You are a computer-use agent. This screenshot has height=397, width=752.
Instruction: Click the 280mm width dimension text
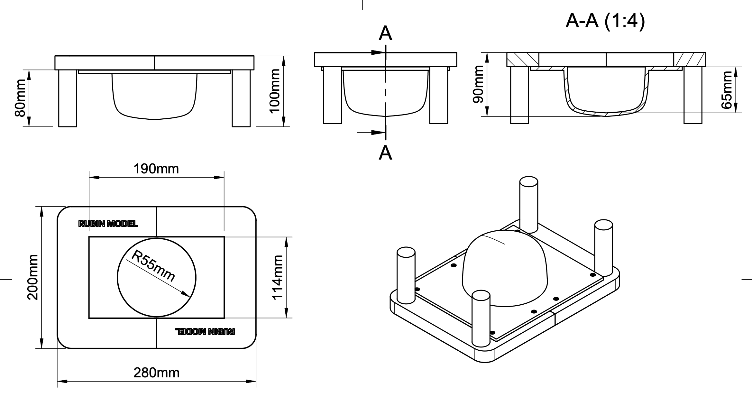coord(156,373)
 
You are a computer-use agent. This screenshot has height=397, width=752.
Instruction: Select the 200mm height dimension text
coord(33,277)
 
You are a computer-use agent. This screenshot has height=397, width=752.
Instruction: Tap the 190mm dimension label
coord(156,169)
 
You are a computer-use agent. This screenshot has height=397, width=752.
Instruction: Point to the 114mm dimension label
coord(277,277)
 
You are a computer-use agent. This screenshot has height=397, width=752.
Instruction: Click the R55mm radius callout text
coord(153,266)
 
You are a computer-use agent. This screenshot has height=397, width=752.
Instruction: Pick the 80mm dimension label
coord(20,98)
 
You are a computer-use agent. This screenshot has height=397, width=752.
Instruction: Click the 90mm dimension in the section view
coord(478,84)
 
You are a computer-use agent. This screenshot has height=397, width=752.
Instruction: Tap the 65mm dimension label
coord(727,90)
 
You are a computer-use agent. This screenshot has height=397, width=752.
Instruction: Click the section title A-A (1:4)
coord(605,21)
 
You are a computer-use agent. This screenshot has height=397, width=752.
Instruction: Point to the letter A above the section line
coord(385,33)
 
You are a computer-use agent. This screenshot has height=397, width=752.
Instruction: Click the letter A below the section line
coord(385,153)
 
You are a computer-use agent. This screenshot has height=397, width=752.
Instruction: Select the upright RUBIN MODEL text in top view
coord(108,224)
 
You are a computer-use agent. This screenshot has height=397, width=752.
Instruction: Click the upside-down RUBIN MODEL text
coord(205,331)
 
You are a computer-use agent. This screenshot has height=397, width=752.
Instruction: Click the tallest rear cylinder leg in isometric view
coord(528,204)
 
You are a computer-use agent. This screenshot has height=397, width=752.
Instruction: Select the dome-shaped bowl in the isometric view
coord(504,269)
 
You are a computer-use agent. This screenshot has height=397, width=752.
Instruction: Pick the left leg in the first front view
coord(68,98)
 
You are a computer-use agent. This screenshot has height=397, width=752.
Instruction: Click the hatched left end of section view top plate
coord(522,60)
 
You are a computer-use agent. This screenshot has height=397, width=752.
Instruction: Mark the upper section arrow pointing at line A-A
coord(376,52)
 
